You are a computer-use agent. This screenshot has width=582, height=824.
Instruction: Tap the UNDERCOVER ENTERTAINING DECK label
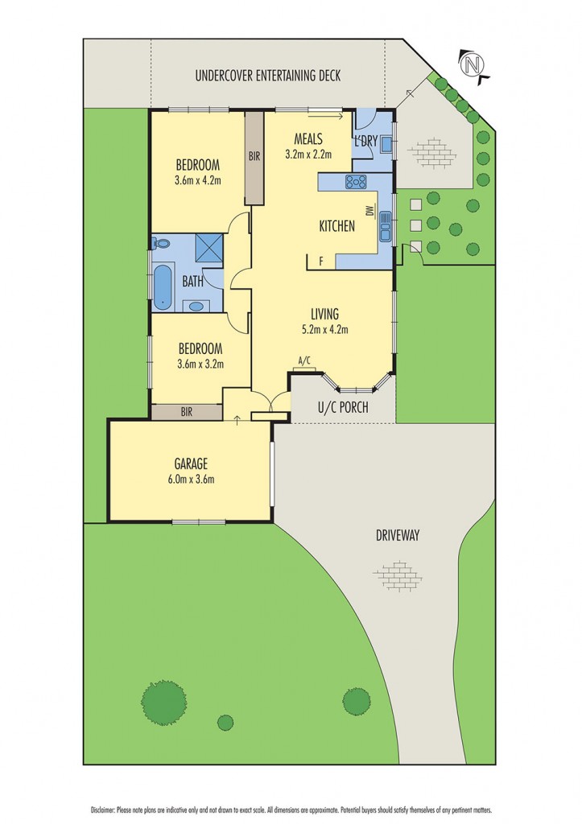click(268, 76)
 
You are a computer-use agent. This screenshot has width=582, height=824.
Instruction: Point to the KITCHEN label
click(336, 226)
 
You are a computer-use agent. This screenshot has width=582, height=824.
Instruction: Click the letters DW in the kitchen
click(369, 212)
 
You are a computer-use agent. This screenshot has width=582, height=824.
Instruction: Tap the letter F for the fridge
click(321, 261)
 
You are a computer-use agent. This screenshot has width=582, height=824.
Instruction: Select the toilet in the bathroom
click(160, 243)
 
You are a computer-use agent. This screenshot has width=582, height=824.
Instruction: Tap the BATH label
click(192, 282)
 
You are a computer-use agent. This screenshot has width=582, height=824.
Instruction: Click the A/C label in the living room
click(304, 360)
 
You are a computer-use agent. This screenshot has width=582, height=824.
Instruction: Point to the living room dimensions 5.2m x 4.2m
click(324, 328)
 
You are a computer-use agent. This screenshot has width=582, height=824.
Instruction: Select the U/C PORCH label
click(342, 408)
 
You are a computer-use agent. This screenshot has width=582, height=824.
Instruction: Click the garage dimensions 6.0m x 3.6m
click(191, 480)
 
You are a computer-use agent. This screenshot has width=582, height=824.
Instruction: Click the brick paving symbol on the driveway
click(398, 576)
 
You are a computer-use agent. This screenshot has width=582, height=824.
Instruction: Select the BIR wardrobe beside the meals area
click(254, 156)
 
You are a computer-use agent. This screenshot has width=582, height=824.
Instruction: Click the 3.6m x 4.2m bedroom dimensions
click(198, 180)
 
